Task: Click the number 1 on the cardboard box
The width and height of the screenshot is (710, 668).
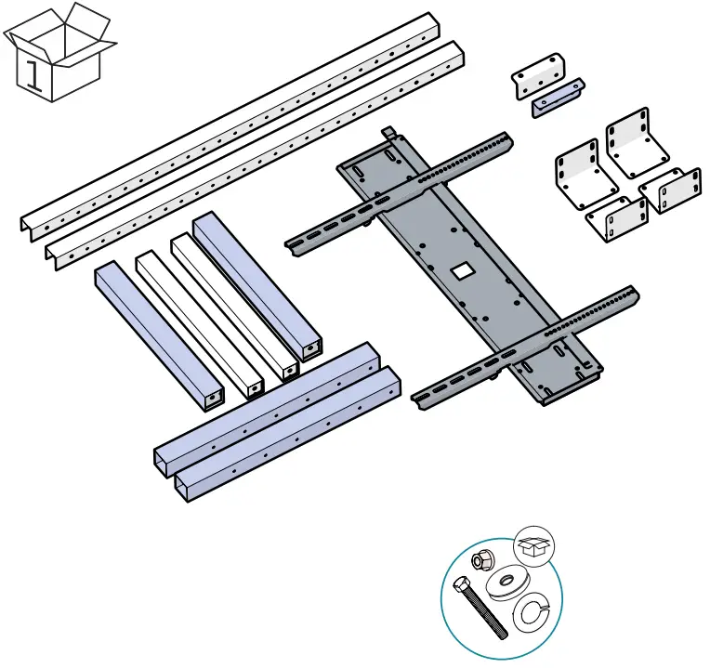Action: pos(35,74)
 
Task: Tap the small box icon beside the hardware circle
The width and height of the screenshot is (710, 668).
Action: pos(532,546)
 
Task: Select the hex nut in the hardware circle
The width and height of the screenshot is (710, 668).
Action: pos(481,560)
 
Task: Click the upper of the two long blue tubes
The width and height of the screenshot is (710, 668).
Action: pos(270,404)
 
